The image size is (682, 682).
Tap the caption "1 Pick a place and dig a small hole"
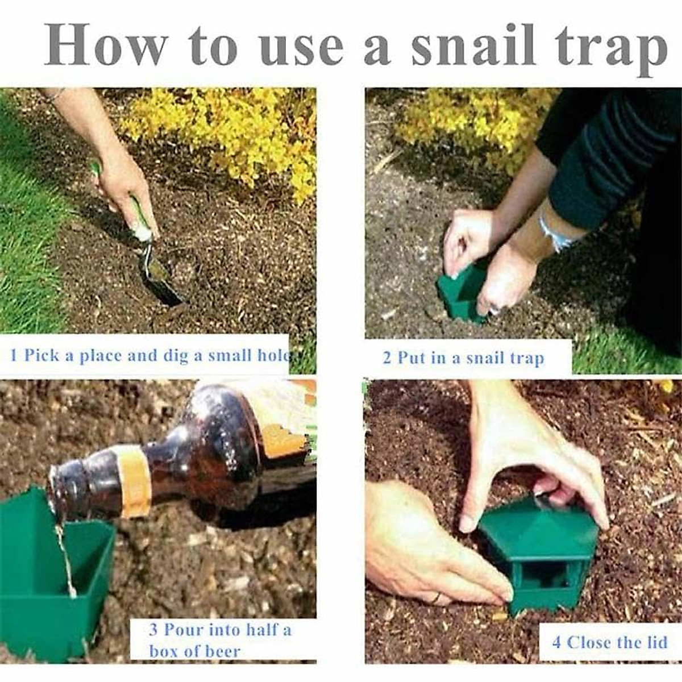coord(150,356)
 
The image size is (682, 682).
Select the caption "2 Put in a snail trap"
coord(463,358)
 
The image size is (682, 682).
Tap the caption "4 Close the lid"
coord(609,642)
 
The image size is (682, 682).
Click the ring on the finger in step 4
coord(436,598)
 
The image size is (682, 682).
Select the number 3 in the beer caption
coord(153,630)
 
